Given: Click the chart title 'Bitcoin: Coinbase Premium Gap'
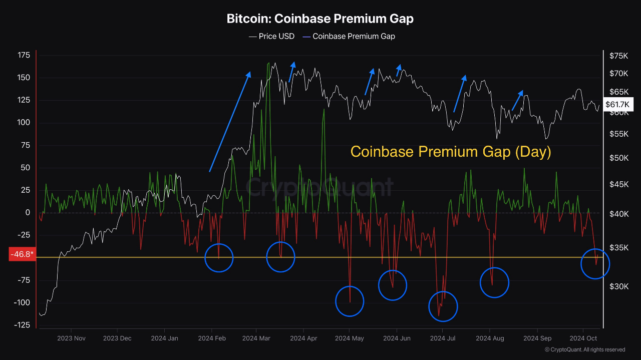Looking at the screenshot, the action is (x=320, y=19).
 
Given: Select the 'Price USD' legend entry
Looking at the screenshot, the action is (x=271, y=37).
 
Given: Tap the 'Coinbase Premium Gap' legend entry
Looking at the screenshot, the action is (x=349, y=37).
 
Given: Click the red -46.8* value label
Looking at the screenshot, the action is (x=23, y=254).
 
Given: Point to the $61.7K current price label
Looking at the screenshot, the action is (x=617, y=105).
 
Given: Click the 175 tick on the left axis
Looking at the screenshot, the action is (x=24, y=55).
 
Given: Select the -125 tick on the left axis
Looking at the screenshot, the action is (x=22, y=325).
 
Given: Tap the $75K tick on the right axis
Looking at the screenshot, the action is (x=618, y=56).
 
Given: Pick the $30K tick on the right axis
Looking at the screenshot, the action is (x=619, y=286).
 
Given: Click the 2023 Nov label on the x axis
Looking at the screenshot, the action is (x=71, y=338).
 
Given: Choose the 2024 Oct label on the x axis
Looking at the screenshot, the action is (x=583, y=338).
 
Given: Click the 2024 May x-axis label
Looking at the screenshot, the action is (x=350, y=338).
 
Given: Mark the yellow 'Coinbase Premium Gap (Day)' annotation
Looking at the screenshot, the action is (x=451, y=152).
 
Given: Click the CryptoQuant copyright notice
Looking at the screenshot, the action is (x=584, y=349).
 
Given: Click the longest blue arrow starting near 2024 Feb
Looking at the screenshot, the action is (x=230, y=122).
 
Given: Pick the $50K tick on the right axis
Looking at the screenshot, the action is (x=619, y=158).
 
